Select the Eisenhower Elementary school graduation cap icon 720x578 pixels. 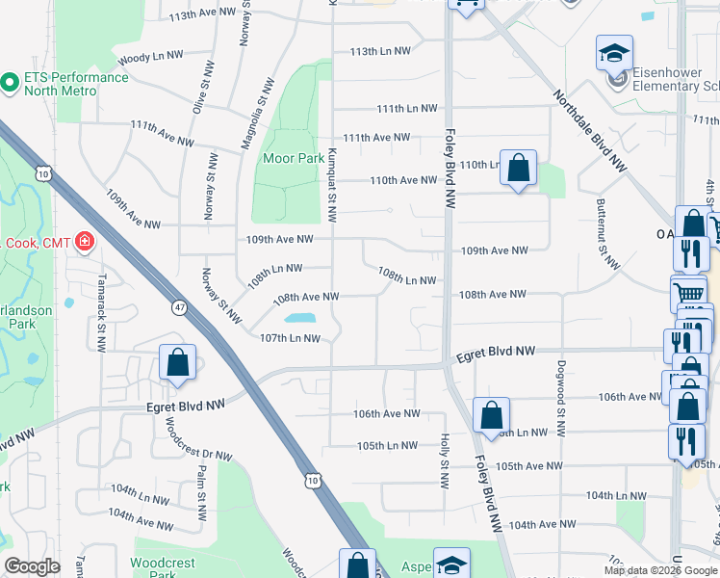coord(614,54)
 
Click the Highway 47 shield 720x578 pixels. coord(179,307)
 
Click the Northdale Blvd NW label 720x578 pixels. coord(590,132)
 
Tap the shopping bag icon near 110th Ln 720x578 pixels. coord(518,169)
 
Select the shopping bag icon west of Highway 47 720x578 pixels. coord(178,363)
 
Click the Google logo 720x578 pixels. coord(33,565)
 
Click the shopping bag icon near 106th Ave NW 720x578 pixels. coord(491,416)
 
